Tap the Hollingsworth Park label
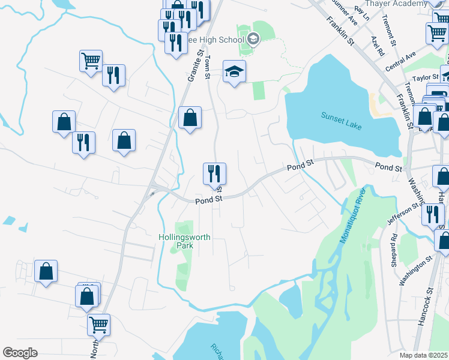(x=184, y=241)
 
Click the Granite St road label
(x=195, y=66)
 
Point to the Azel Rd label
(x=377, y=46)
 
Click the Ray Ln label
(x=360, y=10)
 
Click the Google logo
(x=20, y=353)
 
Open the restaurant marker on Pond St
(x=214, y=174)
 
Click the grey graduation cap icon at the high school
(x=253, y=40)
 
